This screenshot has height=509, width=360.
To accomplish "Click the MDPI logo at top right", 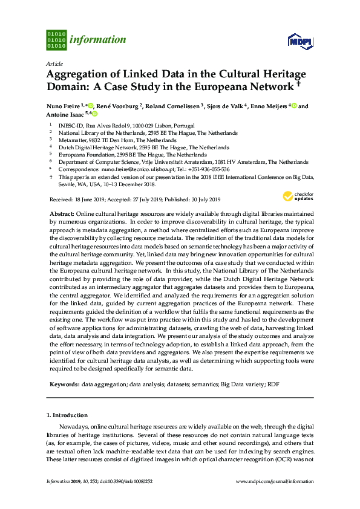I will click(x=300, y=41).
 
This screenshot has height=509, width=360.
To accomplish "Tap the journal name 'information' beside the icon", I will click(x=98, y=40).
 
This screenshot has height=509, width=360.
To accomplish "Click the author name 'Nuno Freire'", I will click(x=64, y=107).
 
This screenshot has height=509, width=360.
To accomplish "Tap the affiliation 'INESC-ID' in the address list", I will click(x=70, y=126).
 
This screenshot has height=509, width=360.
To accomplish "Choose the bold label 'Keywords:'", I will click(x=63, y=384).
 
